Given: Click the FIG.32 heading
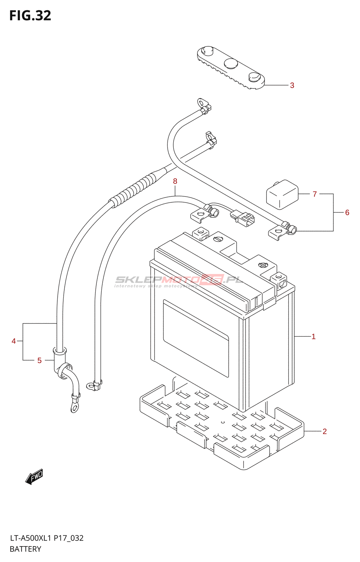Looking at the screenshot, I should coord(30,16).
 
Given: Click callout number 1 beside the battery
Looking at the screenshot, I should coord(313,336).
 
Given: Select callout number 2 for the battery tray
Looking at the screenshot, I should coord(324,431).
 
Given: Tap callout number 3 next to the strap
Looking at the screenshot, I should coord(292,85).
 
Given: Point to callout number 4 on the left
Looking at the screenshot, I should coord(14,341).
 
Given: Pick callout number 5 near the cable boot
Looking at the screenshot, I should coord(39,360).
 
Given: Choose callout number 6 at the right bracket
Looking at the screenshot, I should coord(347,213).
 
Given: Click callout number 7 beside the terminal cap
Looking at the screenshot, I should coord(315,194).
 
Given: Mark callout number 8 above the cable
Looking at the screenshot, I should coord(175,181).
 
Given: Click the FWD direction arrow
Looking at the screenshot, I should coord(34,477).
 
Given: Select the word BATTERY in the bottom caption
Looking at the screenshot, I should coord(25,549).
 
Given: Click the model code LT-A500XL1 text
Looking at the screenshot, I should coord(31,538).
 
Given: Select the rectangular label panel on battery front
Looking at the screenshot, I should coord(196,338).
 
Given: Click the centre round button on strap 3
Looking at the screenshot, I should coord(231,63).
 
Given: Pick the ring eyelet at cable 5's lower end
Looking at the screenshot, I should coord(74,408).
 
